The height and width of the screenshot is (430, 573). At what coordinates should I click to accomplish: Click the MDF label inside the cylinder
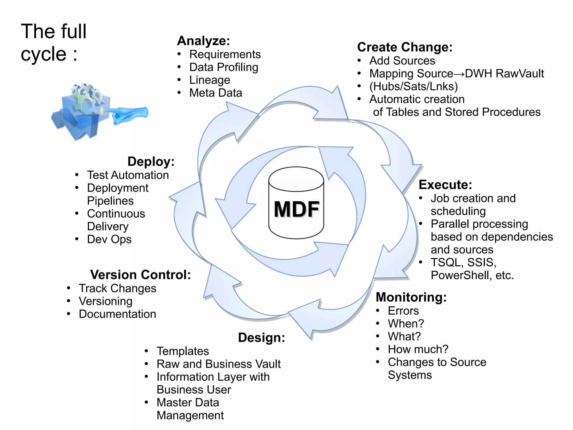pos(296,209)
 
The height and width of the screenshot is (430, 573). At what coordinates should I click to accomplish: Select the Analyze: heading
pos(203,41)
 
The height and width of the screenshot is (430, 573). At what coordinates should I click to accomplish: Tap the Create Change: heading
pos(405,47)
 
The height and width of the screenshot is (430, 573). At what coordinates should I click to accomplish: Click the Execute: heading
pos(445,185)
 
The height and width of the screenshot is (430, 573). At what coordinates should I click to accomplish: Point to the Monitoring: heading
pos(411,297)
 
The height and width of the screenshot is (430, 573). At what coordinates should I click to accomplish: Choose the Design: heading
pos(261,338)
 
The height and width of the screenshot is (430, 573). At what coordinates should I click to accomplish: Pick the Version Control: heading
pos(140,275)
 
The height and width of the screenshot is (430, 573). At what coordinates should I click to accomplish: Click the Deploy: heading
pos(151,162)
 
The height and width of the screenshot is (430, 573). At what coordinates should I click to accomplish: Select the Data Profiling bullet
pos(224,67)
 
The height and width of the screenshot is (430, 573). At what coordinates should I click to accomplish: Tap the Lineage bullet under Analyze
pos(210,80)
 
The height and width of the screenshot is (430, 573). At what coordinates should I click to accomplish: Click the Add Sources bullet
pos(402,61)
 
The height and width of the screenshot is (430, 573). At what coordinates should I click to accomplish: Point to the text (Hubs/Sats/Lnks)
pos(414,87)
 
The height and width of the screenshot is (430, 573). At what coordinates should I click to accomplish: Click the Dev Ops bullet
pos(109,239)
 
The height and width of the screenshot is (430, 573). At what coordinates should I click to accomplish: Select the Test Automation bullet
pos(128,175)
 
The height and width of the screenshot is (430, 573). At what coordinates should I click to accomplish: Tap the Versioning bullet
pos(105,302)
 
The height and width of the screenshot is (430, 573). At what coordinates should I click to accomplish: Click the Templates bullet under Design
pos(183,351)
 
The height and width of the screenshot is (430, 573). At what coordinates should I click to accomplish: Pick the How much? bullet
pos(418,349)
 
